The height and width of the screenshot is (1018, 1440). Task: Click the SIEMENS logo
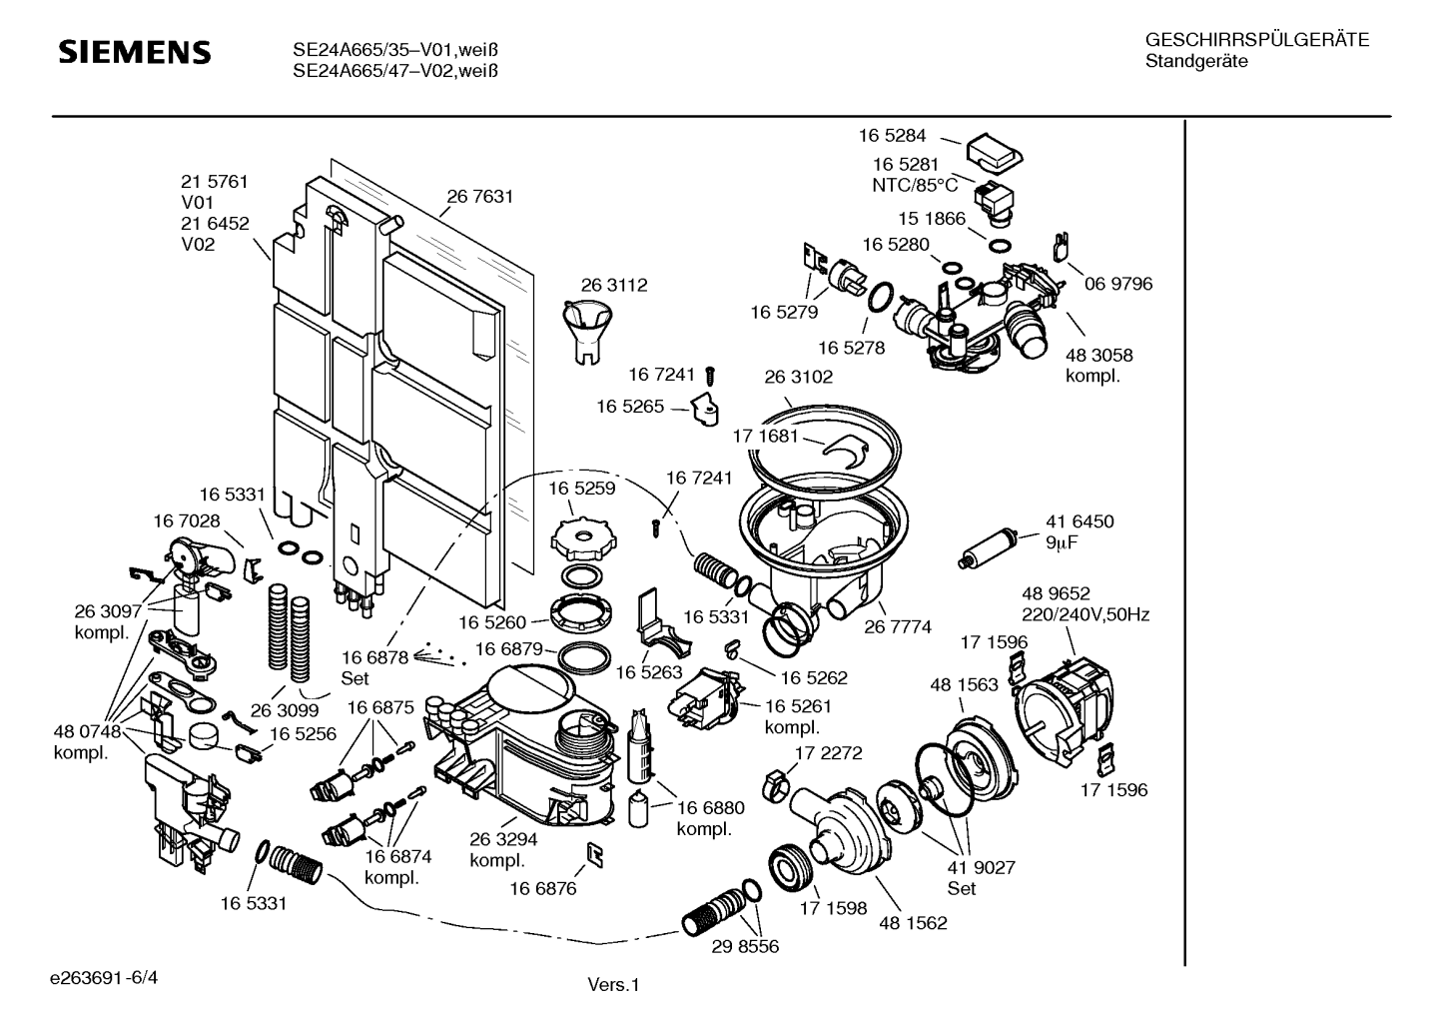coord(134,52)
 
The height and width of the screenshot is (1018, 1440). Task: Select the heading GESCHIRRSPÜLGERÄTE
coord(1256,41)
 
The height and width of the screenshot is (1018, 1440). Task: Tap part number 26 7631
coord(479,197)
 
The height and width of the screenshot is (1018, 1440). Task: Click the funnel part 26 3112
coord(586,331)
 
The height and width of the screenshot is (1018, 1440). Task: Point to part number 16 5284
coord(892,135)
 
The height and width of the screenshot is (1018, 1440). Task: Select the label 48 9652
coord(1056,593)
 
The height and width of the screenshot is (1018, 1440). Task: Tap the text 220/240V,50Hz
coord(1084,614)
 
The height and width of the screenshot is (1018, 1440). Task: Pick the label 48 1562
coord(913,923)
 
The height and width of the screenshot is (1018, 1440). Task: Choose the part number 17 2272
coord(828,753)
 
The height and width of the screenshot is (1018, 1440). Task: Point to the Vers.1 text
coord(612,985)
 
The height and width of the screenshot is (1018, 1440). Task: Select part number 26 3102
coord(798,377)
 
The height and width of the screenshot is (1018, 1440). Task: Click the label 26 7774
coord(898,626)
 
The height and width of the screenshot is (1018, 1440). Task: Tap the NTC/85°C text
coord(915,185)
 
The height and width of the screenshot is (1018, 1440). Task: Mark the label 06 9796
coord(1118,284)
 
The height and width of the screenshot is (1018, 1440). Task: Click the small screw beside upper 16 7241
coord(710,376)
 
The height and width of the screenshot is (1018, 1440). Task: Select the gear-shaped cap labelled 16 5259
coord(578,540)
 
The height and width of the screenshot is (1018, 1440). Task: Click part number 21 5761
coord(214,182)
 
